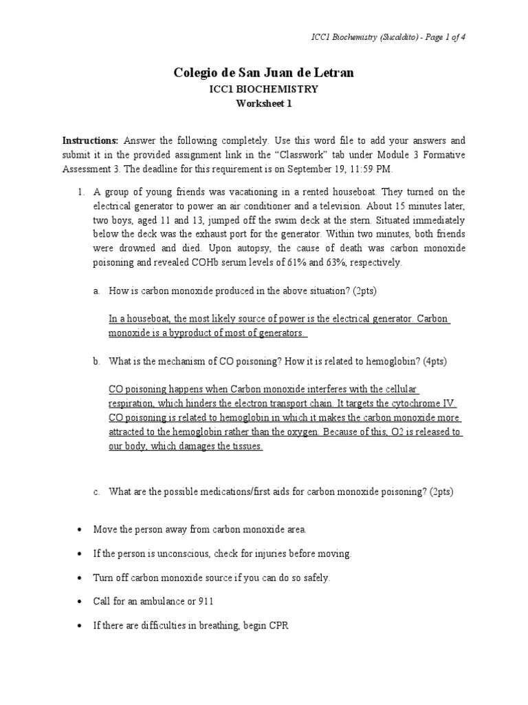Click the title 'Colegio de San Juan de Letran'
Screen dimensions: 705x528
(263, 73)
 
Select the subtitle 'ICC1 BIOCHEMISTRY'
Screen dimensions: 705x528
(263, 90)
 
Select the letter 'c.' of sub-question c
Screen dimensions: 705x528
(97, 492)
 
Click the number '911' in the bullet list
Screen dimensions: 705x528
(205, 601)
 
